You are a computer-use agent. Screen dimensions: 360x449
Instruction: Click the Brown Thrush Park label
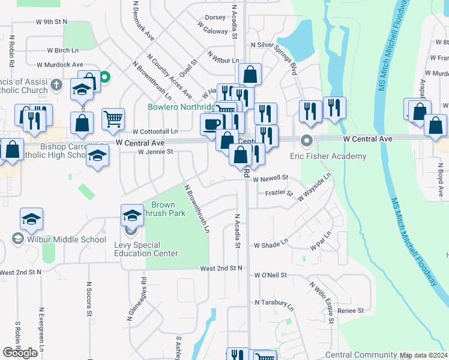159,209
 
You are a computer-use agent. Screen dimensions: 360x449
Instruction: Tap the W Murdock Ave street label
59,64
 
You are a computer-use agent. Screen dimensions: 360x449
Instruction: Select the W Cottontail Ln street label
155,131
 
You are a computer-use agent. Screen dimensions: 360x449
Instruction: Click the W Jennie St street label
155,152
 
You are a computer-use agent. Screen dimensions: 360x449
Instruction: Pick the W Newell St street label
270,178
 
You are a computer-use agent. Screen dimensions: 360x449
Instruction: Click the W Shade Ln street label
271,245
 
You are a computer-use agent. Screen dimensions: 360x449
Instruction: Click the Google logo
20,353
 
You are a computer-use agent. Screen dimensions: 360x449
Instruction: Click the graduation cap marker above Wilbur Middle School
31,218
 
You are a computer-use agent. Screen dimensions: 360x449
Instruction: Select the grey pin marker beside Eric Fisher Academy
307,142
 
